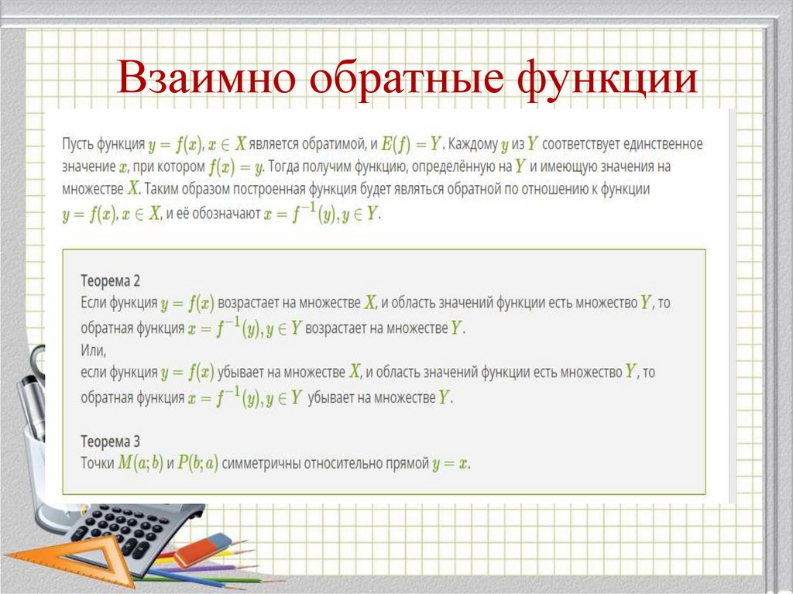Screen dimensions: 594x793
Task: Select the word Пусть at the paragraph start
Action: point(80,144)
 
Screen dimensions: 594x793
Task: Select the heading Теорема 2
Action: point(110,280)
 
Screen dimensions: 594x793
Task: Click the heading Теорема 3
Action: point(110,441)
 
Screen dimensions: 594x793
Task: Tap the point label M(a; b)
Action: point(140,464)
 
